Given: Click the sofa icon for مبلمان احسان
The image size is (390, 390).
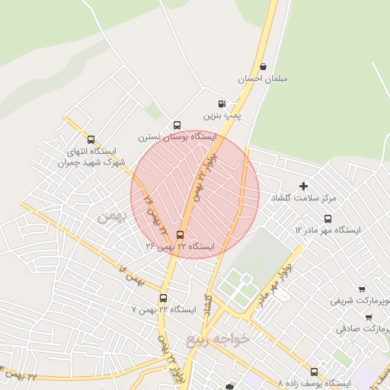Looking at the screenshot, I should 263,66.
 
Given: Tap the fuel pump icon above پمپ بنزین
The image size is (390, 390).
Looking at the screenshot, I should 221,103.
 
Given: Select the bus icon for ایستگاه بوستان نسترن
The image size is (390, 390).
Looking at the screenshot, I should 177,125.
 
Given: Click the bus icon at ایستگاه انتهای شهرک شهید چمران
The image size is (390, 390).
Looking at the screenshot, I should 91,140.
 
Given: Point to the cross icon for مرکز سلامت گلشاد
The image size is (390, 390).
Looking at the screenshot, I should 303,186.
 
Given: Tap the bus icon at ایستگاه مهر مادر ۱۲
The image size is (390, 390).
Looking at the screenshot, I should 328,219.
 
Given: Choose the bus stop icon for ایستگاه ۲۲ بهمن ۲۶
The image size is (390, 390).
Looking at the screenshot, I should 180,235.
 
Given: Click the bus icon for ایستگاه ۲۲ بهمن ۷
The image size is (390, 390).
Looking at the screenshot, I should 163,298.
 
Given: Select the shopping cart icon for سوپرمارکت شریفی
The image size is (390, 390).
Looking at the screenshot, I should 361,289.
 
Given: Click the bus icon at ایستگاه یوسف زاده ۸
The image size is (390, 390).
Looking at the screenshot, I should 314,372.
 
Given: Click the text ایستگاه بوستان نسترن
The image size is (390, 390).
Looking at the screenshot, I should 177,137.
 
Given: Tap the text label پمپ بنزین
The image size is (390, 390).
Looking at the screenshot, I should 225,115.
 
